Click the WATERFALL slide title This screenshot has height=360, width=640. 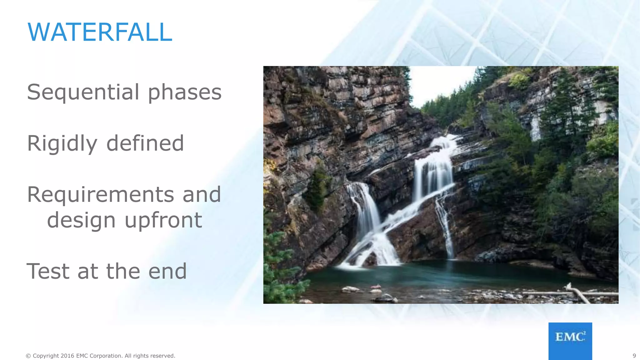click(100, 32)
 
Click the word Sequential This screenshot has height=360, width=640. click(83, 92)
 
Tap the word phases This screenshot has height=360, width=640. click(184, 93)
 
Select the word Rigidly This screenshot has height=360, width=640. click(62, 144)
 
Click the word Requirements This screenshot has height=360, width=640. click(100, 195)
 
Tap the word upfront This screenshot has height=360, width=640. click(163, 220)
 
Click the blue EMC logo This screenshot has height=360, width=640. click(570, 341)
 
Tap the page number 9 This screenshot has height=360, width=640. click(634, 356)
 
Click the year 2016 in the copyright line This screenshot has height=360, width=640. click(67, 356)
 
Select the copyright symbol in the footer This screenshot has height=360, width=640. click(28, 356)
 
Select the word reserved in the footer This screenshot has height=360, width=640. click(163, 356)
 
